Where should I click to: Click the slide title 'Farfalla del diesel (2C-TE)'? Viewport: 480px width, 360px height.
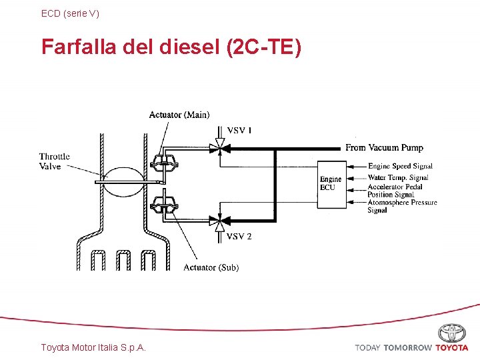click(171, 47)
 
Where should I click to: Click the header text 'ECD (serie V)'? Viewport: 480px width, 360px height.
click(70, 13)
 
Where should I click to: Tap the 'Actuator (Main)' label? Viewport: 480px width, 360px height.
click(179, 115)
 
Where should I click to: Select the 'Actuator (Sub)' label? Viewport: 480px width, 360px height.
click(211, 267)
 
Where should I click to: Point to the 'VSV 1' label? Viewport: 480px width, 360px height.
click(239, 130)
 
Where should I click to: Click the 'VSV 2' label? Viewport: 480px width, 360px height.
click(239, 237)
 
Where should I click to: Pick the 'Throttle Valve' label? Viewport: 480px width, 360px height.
click(54, 161)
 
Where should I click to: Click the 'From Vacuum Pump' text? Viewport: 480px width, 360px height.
click(384, 147)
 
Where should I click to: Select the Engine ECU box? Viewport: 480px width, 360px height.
click(331, 184)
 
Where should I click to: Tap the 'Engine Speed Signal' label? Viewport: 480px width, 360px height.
click(400, 166)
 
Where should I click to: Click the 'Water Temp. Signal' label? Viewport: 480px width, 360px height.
click(398, 177)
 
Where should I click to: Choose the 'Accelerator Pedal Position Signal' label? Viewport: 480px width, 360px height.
click(395, 191)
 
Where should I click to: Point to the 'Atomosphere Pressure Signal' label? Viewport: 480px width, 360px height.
click(402, 206)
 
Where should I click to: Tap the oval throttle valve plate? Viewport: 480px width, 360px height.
click(122, 181)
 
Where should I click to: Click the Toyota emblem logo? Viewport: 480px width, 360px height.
click(452, 332)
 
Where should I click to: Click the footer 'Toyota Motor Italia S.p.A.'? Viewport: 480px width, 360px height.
click(93, 347)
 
